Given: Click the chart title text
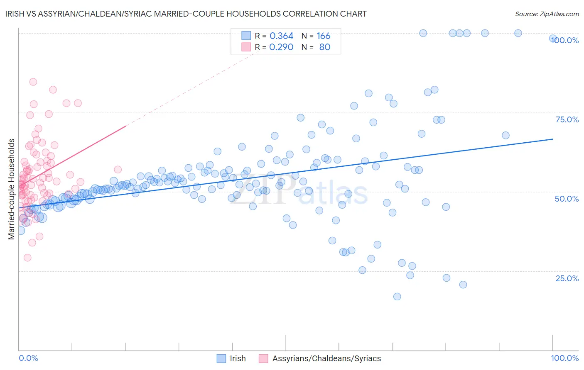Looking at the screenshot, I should [x=186, y=14].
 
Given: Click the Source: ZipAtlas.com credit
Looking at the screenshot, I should [x=547, y=14].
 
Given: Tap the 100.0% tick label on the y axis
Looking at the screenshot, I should [x=565, y=40].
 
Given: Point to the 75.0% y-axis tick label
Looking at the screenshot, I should [x=567, y=119].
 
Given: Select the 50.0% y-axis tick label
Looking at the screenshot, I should [x=567, y=199].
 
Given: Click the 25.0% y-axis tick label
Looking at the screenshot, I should [x=567, y=278].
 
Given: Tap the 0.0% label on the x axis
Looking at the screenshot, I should [x=28, y=358].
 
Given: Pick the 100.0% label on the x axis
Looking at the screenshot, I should [x=564, y=358].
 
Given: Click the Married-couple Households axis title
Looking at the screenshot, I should [x=12, y=189].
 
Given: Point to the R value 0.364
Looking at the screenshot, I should [x=281, y=36].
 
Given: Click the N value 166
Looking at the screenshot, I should [x=323, y=36].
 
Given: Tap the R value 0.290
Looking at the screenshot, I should [x=281, y=47].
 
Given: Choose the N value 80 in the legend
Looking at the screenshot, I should [x=324, y=47].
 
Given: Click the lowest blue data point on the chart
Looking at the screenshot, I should [x=397, y=296].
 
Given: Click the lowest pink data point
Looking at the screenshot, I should [x=27, y=258].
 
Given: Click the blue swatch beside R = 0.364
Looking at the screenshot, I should [x=246, y=36].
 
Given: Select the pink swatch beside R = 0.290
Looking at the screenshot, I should [x=246, y=47].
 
